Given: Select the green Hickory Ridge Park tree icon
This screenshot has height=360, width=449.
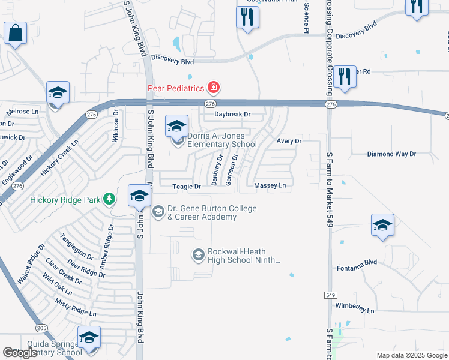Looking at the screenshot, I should [109, 199].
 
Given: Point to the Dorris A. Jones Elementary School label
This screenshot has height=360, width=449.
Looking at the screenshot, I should [221, 140].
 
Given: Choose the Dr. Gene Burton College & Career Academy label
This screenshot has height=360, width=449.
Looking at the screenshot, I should [211, 212].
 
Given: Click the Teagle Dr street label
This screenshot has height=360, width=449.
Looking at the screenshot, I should [187, 187].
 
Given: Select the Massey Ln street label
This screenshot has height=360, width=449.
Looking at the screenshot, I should [270, 186].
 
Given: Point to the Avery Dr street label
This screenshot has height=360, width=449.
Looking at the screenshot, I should [289, 141].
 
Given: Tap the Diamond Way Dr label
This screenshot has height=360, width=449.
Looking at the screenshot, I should [391, 154].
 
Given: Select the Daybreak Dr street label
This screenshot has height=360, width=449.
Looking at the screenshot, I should [232, 114].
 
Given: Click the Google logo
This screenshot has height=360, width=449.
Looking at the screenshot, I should [20, 353].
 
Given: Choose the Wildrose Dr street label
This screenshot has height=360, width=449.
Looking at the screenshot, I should [116, 125].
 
